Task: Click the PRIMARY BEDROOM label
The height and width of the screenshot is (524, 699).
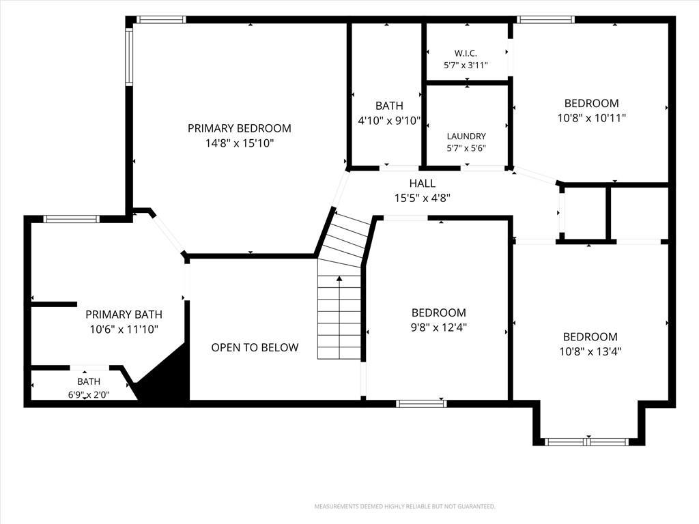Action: pyautogui.click(x=240, y=128)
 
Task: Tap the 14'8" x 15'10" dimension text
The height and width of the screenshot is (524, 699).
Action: pyautogui.click(x=240, y=143)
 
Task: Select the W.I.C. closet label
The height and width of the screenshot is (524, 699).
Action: pyautogui.click(x=466, y=53)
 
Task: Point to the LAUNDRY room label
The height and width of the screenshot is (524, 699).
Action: pyautogui.click(x=466, y=136)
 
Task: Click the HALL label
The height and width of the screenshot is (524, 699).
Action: pyautogui.click(x=422, y=183)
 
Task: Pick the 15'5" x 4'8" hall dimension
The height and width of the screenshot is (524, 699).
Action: pyautogui.click(x=422, y=199)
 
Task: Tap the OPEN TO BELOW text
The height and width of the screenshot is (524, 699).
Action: pyautogui.click(x=255, y=347)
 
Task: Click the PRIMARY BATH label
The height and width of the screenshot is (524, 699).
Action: pyautogui.click(x=124, y=315)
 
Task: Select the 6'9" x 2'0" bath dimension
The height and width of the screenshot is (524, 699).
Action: pyautogui.click(x=89, y=394)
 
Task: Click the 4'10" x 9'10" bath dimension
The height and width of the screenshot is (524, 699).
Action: pyautogui.click(x=390, y=121)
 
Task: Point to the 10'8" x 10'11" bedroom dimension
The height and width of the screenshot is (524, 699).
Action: pyautogui.click(x=592, y=118)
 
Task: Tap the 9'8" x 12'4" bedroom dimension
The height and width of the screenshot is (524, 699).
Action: pyautogui.click(x=439, y=327)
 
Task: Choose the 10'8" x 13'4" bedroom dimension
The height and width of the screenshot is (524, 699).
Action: pyautogui.click(x=590, y=351)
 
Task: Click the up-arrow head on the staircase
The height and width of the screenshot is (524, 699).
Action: pyautogui.click(x=339, y=279)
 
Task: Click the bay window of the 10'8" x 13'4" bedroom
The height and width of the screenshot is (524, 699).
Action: pyautogui.click(x=586, y=442)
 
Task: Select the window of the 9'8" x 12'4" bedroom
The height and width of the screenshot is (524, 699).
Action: pyautogui.click(x=421, y=404)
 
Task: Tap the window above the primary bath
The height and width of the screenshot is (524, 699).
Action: pyautogui.click(x=71, y=219)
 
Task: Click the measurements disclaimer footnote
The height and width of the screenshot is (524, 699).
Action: pyautogui.click(x=405, y=507)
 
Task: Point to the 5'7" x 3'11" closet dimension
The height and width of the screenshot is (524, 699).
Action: pyautogui.click(x=466, y=65)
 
